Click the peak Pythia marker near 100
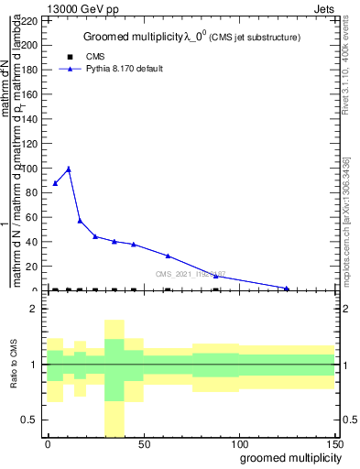click(x=68, y=169)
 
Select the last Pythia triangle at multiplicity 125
click(x=287, y=289)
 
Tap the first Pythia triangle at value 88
click(x=55, y=183)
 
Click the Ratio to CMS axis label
click(x=15, y=365)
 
